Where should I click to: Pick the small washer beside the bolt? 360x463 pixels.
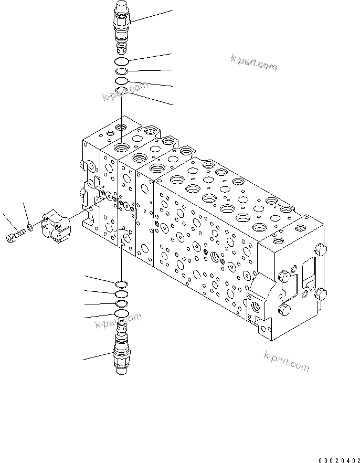pos(30,228)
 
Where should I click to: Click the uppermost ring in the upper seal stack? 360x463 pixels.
pos(121,62)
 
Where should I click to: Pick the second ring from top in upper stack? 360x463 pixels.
pos(121,71)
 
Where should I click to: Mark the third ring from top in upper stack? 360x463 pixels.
pos(121,81)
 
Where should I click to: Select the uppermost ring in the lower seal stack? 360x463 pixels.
pos(121,285)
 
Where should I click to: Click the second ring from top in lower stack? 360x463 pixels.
pos(121,295)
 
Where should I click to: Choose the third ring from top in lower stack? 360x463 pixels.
pos(121,304)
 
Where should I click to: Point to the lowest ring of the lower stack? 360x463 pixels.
pos(121,314)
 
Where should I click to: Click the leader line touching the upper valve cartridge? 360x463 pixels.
pos(152,16)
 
